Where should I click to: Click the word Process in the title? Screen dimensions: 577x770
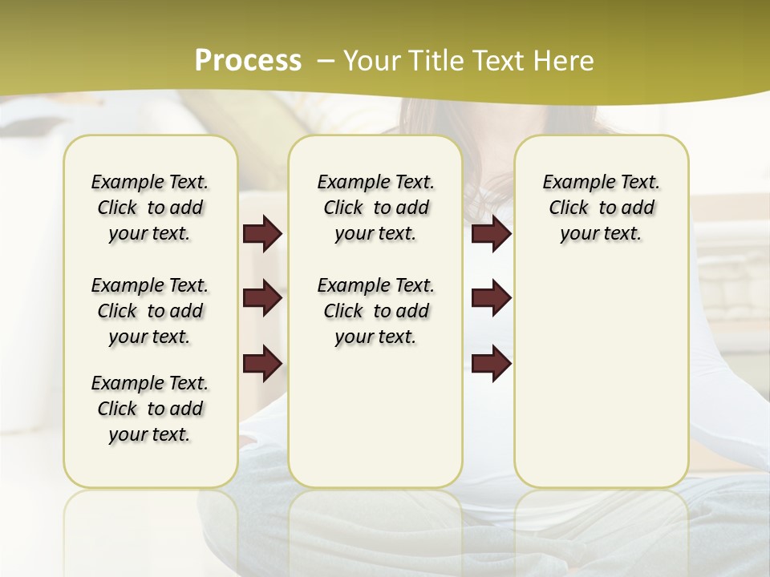(x=248, y=60)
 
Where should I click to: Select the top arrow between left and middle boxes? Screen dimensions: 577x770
(x=262, y=233)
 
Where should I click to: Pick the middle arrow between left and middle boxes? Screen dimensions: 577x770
(x=262, y=298)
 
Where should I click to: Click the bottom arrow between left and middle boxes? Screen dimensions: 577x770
(x=262, y=363)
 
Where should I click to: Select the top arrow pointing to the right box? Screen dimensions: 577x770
(x=491, y=233)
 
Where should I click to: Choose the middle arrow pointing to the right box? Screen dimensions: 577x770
(x=491, y=298)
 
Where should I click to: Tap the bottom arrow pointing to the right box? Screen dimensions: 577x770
(x=491, y=363)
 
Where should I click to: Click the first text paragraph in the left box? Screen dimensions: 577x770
(x=150, y=208)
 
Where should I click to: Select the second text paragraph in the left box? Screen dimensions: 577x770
(x=150, y=311)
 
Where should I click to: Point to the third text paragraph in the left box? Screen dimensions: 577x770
(x=150, y=409)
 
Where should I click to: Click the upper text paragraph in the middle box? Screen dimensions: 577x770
(x=375, y=208)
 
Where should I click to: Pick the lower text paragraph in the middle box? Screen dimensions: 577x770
(x=375, y=311)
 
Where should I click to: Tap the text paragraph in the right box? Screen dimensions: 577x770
(x=601, y=208)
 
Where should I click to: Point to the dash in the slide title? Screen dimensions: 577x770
(x=326, y=61)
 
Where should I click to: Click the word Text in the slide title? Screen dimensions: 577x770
(x=500, y=61)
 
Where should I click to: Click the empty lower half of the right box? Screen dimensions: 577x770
(x=601, y=385)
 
